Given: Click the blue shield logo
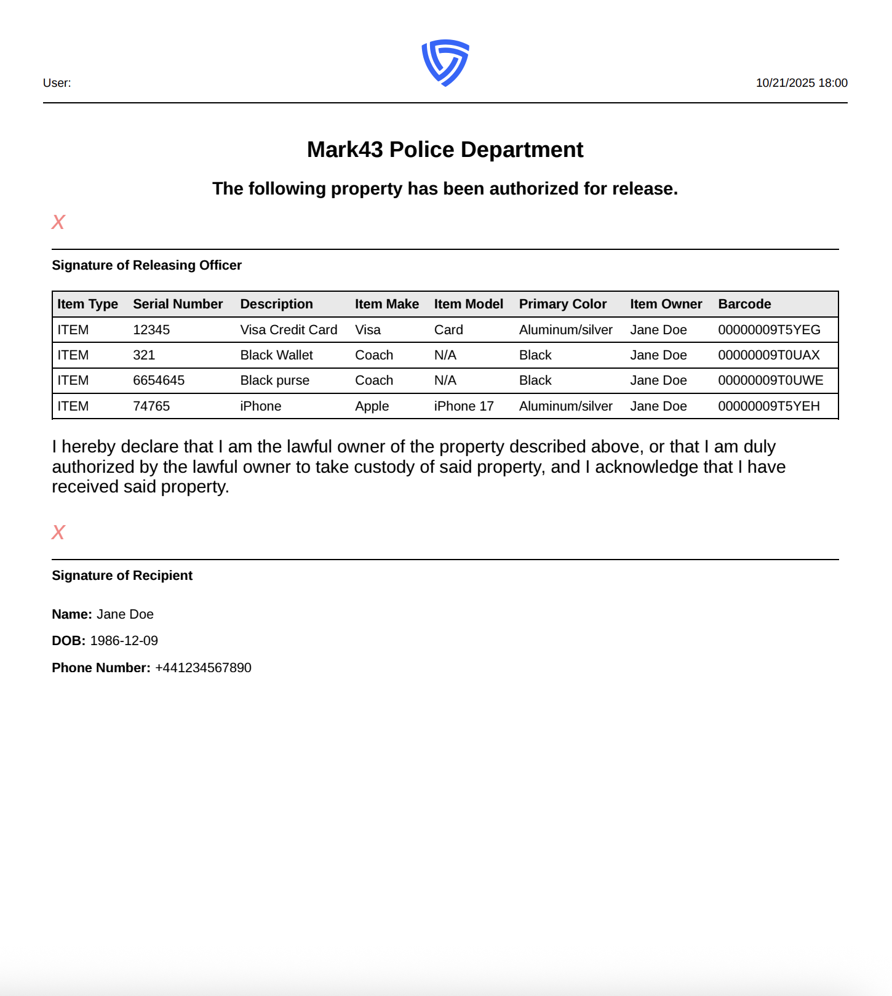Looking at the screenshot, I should [445, 63].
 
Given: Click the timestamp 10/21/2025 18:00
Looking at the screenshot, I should [801, 83].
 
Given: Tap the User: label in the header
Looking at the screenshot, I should [57, 83].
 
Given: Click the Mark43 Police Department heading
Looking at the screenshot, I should [445, 150].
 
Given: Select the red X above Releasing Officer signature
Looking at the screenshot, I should [58, 222].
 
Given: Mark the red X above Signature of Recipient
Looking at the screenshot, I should [58, 532].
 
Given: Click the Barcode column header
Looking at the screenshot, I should [744, 304].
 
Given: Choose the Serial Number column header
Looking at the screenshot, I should [178, 304].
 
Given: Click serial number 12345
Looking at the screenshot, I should [151, 330].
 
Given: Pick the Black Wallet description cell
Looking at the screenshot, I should [276, 355].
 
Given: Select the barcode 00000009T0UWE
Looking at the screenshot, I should [770, 380].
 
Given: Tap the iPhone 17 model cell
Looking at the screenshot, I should [464, 406].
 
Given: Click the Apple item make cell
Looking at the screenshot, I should [372, 406].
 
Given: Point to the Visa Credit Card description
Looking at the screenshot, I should [289, 330].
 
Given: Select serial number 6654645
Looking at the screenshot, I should [159, 380].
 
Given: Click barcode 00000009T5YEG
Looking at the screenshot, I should [769, 330].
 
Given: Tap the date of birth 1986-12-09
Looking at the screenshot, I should [124, 641].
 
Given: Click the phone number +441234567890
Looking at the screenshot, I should [203, 668].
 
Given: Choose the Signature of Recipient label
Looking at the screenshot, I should [122, 576].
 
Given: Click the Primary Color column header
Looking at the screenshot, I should [562, 304].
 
